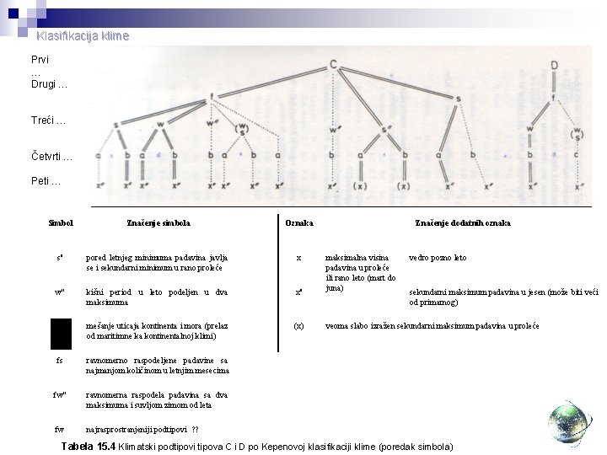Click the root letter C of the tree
tap(335, 65)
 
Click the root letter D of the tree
tap(553, 65)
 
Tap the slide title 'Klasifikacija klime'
tap(83, 36)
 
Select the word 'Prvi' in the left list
tap(40, 62)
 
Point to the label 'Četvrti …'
tap(53, 157)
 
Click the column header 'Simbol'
tap(62, 223)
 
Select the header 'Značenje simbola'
tap(158, 223)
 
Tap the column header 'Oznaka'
tap(299, 223)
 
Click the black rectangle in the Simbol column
tap(61, 333)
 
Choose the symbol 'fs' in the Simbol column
tap(59, 360)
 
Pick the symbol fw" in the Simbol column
tap(59, 394)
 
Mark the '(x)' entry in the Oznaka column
tap(298, 325)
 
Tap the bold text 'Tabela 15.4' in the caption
tap(86, 444)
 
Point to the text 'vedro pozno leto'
tap(438, 258)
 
